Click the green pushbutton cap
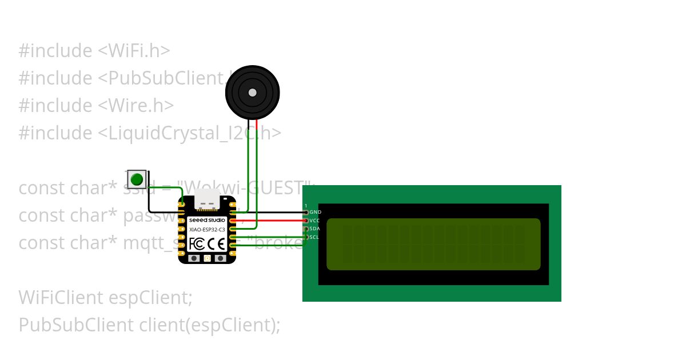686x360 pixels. click(x=136, y=179)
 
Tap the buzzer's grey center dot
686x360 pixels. click(x=252, y=93)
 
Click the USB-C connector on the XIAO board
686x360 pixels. click(x=207, y=200)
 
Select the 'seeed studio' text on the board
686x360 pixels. click(x=207, y=220)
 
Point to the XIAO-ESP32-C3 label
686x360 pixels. click(x=207, y=229)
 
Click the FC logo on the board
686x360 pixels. click(x=196, y=244)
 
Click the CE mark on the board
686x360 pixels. click(x=216, y=244)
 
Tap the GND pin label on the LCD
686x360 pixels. click(x=316, y=212)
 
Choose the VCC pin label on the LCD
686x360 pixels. click(x=315, y=221)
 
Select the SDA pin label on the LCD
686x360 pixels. click(x=315, y=229)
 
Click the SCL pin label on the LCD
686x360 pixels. click(x=314, y=237)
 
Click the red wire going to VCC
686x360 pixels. click(x=274, y=221)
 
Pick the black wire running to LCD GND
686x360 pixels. click(x=274, y=212)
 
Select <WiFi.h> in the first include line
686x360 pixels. click(x=134, y=51)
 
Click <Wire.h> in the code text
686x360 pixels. click(x=136, y=106)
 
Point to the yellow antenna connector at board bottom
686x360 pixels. click(x=207, y=258)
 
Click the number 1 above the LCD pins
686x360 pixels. click(x=306, y=206)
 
